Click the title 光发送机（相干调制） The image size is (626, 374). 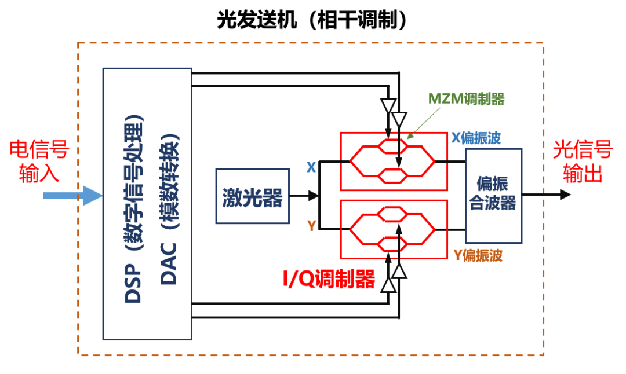(313, 20)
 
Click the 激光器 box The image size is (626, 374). (252, 197)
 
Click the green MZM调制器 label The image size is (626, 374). (466, 99)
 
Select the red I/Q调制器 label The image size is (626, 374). (329, 280)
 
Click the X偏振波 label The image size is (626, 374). (476, 138)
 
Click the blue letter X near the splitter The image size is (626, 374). (311, 167)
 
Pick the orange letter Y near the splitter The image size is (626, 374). (312, 226)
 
